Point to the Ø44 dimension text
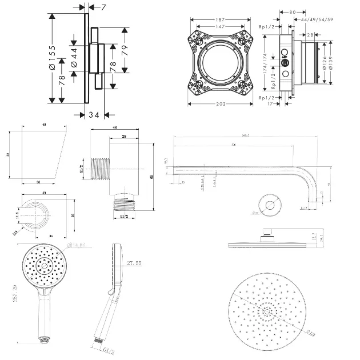click(74, 57)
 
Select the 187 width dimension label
click(220, 19)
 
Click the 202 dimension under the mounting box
click(220, 104)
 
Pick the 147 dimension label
click(220, 26)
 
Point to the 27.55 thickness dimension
click(134, 263)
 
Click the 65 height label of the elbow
click(151, 177)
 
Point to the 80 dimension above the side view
click(292, 11)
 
